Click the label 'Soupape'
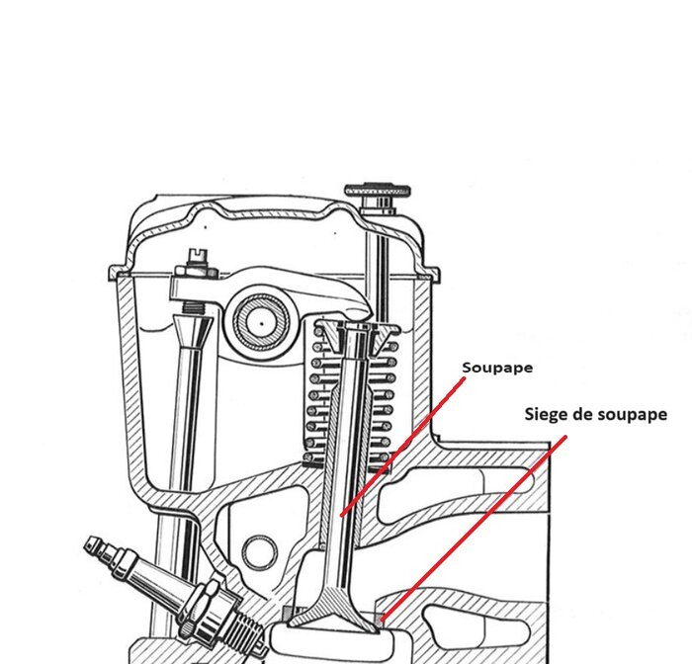point(497,368)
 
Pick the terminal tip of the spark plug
point(94,544)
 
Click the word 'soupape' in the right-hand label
point(631,415)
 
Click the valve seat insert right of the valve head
point(382,620)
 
